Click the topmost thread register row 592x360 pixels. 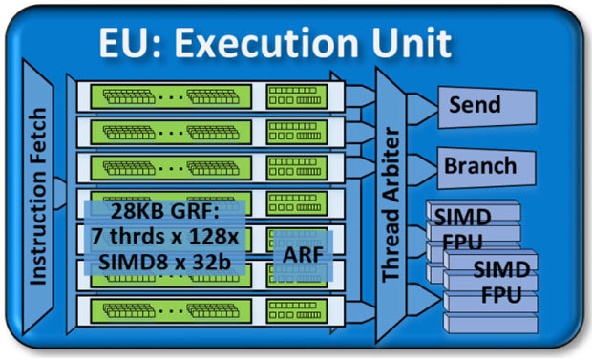pos(205,96)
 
